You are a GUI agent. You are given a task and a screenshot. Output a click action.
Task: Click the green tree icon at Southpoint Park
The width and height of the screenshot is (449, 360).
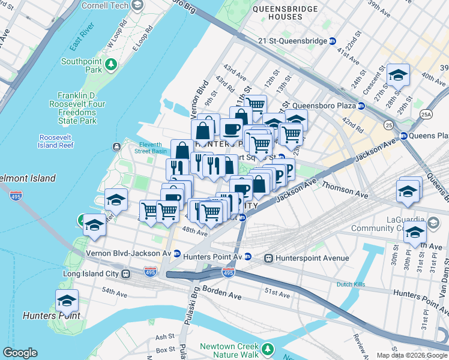pos(110,63)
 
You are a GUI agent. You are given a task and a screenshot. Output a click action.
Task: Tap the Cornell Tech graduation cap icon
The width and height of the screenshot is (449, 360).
pos(137,5)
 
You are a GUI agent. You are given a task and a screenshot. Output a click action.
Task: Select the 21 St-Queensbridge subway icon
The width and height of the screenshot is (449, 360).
pos(333,41)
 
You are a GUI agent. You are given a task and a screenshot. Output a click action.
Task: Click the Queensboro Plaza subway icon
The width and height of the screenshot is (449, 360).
pos(361,106)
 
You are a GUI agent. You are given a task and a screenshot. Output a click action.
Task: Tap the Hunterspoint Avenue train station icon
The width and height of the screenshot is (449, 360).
pos(268,258)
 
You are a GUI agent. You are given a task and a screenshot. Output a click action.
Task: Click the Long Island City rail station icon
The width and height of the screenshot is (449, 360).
pos(125,274)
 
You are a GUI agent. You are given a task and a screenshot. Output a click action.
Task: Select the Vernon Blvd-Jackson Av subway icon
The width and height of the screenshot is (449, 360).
pos(176,253)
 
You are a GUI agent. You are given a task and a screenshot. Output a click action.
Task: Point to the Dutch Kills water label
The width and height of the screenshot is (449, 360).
pos(351,284)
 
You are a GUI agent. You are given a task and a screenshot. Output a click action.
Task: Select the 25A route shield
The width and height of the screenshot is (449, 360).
pos(426,113)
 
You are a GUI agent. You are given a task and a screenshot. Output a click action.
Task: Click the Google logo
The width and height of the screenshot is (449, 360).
pos(20,353)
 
